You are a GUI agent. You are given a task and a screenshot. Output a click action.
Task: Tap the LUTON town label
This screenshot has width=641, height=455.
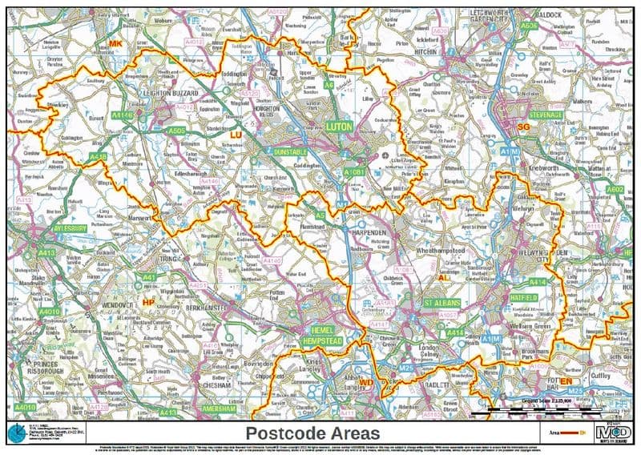[339, 127]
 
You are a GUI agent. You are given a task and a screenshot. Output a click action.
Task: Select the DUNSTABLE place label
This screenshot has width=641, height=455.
[289, 151]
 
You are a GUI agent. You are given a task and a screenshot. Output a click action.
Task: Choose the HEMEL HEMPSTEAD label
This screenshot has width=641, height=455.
[320, 336]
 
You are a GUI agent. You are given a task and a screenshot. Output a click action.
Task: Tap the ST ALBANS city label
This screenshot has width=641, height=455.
[444, 304]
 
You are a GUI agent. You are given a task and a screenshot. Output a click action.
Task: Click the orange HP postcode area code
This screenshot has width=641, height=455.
[147, 302]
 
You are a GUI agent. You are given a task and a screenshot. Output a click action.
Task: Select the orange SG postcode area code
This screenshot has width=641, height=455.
[525, 127]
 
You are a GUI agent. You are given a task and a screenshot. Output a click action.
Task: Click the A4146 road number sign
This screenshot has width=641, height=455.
[122, 116]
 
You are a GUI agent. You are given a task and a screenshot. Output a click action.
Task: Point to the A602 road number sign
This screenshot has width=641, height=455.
[615, 189]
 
